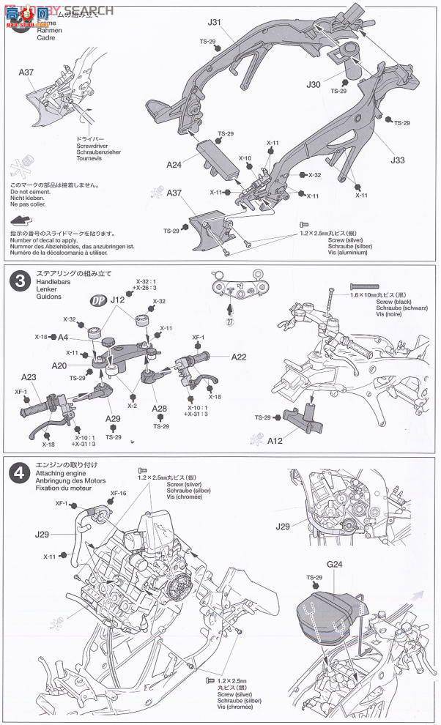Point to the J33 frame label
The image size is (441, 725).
(x=398, y=159)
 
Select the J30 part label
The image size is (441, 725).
(x=314, y=85)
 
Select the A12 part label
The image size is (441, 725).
(x=275, y=442)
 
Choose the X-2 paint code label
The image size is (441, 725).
(x=132, y=405)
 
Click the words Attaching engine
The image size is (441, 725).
(x=57, y=475)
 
